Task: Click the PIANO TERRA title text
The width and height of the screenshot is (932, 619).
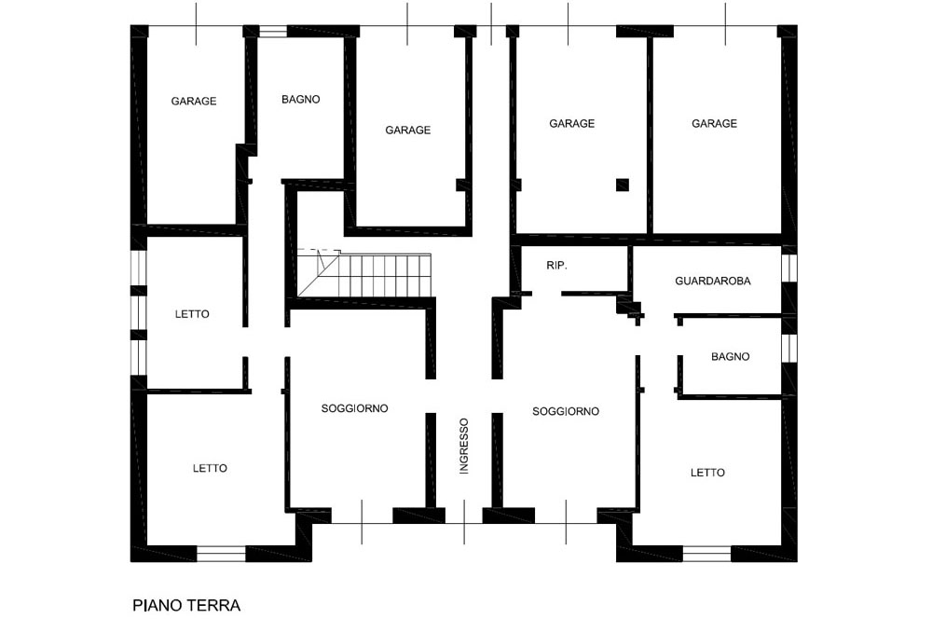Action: (x=186, y=605)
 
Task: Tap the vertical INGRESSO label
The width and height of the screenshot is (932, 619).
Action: (x=464, y=446)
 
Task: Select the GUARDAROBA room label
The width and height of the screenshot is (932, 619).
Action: (x=713, y=281)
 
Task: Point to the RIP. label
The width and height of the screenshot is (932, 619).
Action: (x=557, y=266)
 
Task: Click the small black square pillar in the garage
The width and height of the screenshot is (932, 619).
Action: (x=623, y=185)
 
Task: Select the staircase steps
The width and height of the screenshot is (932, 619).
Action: (x=364, y=274)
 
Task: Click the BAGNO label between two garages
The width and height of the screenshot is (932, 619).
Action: (x=301, y=100)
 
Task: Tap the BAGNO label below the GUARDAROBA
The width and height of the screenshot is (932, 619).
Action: (x=730, y=357)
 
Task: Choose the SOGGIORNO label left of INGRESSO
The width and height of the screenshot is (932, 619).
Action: (x=355, y=408)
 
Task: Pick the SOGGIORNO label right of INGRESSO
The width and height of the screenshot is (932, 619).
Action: (x=566, y=411)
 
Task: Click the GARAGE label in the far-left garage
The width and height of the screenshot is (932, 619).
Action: (x=194, y=101)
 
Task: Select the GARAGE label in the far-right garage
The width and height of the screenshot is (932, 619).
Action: (x=715, y=123)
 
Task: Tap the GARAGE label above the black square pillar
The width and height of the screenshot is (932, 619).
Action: (x=572, y=123)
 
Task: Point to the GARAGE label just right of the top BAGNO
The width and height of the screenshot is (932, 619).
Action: (x=408, y=130)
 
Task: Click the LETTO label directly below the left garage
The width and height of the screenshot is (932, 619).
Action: (x=192, y=314)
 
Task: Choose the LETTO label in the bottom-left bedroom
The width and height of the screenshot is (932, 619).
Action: (x=210, y=468)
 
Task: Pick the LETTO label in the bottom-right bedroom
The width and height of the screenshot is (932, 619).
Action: (x=707, y=473)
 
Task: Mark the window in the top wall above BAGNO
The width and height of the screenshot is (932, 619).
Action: (x=273, y=32)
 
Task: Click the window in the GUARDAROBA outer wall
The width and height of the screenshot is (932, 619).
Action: (x=789, y=268)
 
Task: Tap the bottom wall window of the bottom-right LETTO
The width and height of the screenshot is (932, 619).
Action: (x=706, y=554)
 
